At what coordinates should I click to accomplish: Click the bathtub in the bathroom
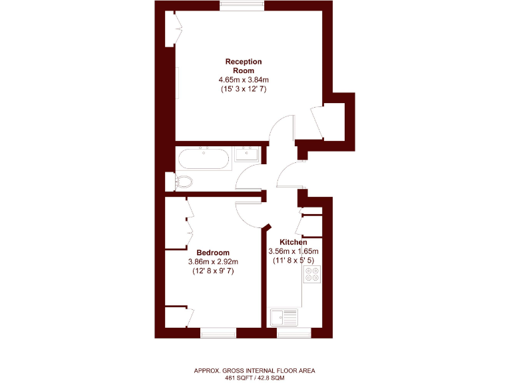204,160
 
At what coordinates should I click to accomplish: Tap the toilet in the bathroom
183,181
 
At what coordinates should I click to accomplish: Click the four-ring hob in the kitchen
311,275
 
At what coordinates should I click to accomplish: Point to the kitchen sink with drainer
285,316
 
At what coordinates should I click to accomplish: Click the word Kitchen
293,242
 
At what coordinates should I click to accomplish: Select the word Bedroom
213,253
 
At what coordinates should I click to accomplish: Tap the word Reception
243,62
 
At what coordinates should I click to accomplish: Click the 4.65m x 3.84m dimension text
243,80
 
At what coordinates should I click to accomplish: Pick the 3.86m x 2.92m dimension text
213,262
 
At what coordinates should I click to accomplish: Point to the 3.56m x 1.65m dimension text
293,251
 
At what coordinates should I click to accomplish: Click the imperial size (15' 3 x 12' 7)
243,89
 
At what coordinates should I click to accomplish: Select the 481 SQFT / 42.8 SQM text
255,378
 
